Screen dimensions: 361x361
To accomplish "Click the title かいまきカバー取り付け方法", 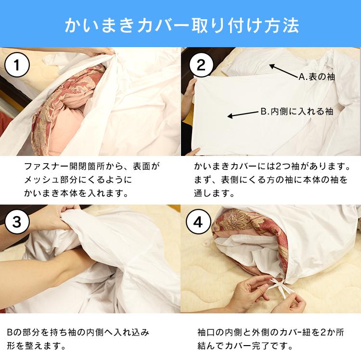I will (180, 24).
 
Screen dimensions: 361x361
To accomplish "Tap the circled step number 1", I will (17, 65).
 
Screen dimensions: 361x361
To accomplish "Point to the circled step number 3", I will (17, 222).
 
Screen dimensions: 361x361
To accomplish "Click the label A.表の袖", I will (316, 77).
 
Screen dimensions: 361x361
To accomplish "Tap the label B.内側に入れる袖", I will (297, 111).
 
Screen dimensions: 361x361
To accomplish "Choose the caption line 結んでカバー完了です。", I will (245, 346).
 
